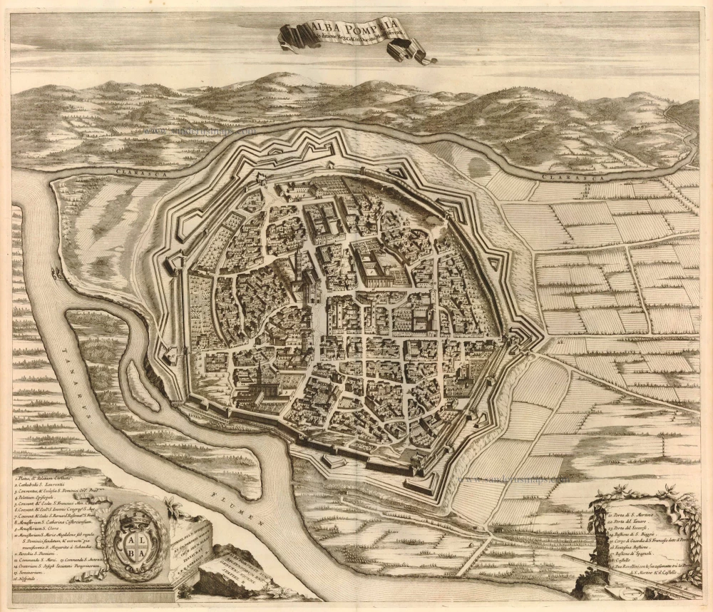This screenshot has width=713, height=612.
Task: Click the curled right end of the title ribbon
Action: pos(421,51)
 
